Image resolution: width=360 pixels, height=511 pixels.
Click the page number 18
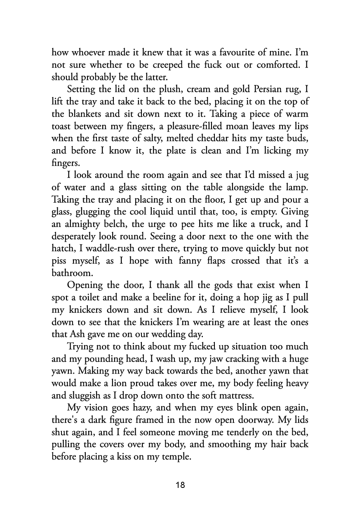[180, 485]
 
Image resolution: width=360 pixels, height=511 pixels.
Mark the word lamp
[297, 188]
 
